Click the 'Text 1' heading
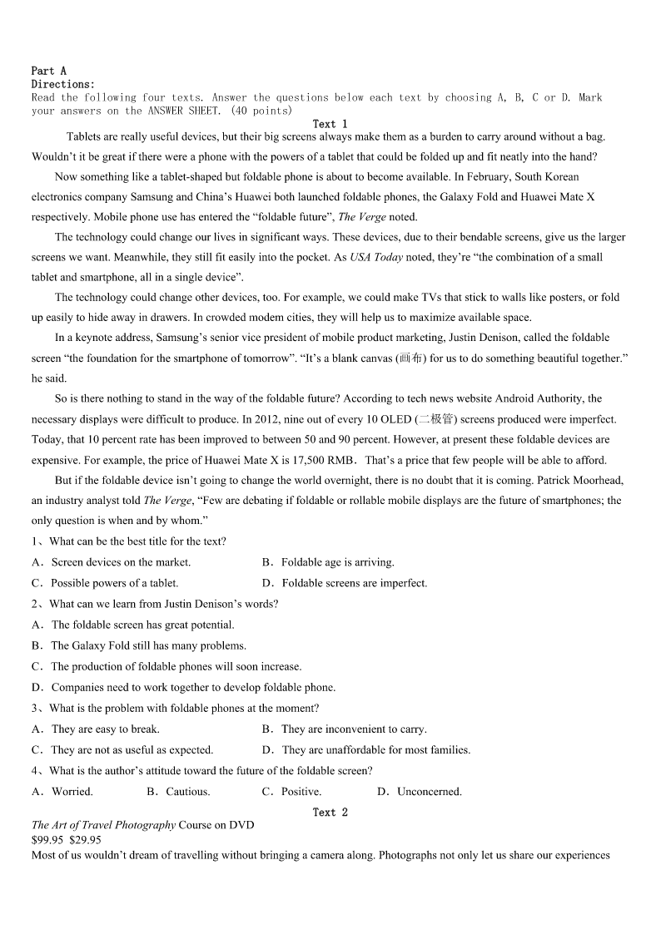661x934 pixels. [x=330, y=124]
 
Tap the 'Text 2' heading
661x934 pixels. [x=330, y=812]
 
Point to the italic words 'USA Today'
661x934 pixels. [x=376, y=257]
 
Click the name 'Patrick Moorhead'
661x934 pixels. [x=579, y=480]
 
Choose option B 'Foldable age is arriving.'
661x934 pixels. [x=337, y=562]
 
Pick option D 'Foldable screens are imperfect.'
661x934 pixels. [x=354, y=583]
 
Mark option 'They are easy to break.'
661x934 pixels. [x=105, y=729]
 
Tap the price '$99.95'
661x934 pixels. [x=47, y=840]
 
